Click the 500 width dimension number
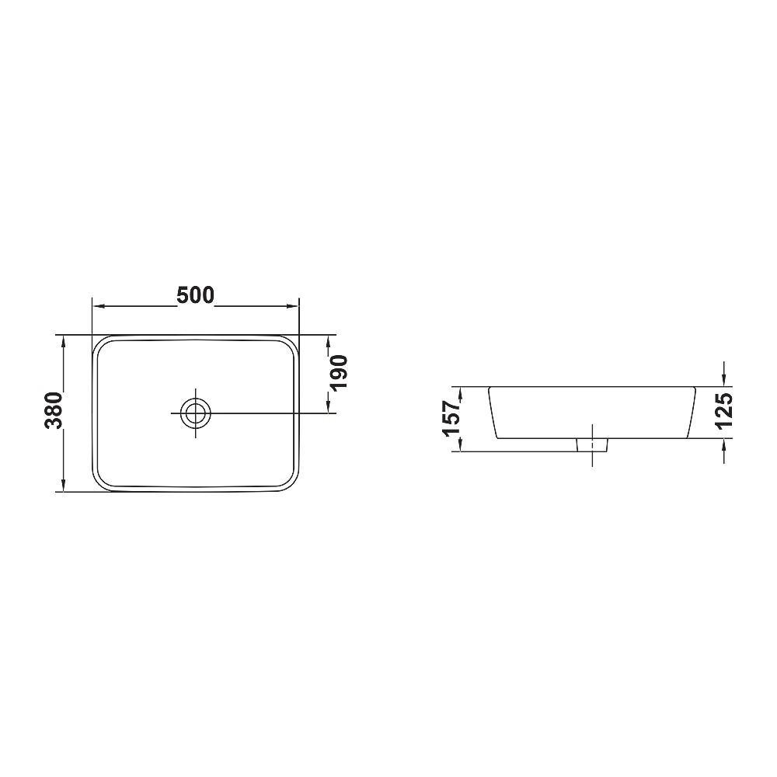click(x=195, y=295)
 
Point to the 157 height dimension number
click(x=453, y=418)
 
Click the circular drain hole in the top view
click(x=195, y=413)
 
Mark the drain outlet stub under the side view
click(x=592, y=444)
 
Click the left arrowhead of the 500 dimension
click(x=98, y=306)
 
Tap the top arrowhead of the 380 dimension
click(x=62, y=341)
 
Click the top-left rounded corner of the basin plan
click(x=100, y=343)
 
